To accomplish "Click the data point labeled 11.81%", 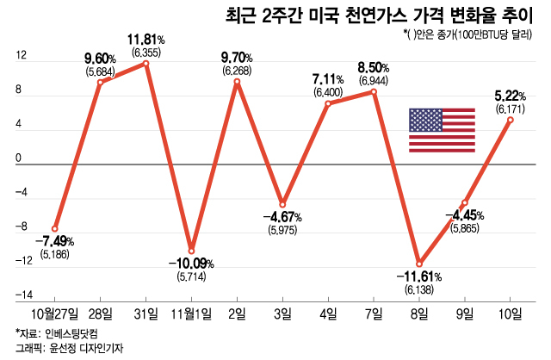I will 146,63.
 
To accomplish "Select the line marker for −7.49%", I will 55,228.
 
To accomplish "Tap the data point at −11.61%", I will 419,264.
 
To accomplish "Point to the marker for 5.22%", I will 511,120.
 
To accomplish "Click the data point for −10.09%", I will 191,251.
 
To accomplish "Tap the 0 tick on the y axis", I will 16,159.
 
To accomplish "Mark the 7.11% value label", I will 329,79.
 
